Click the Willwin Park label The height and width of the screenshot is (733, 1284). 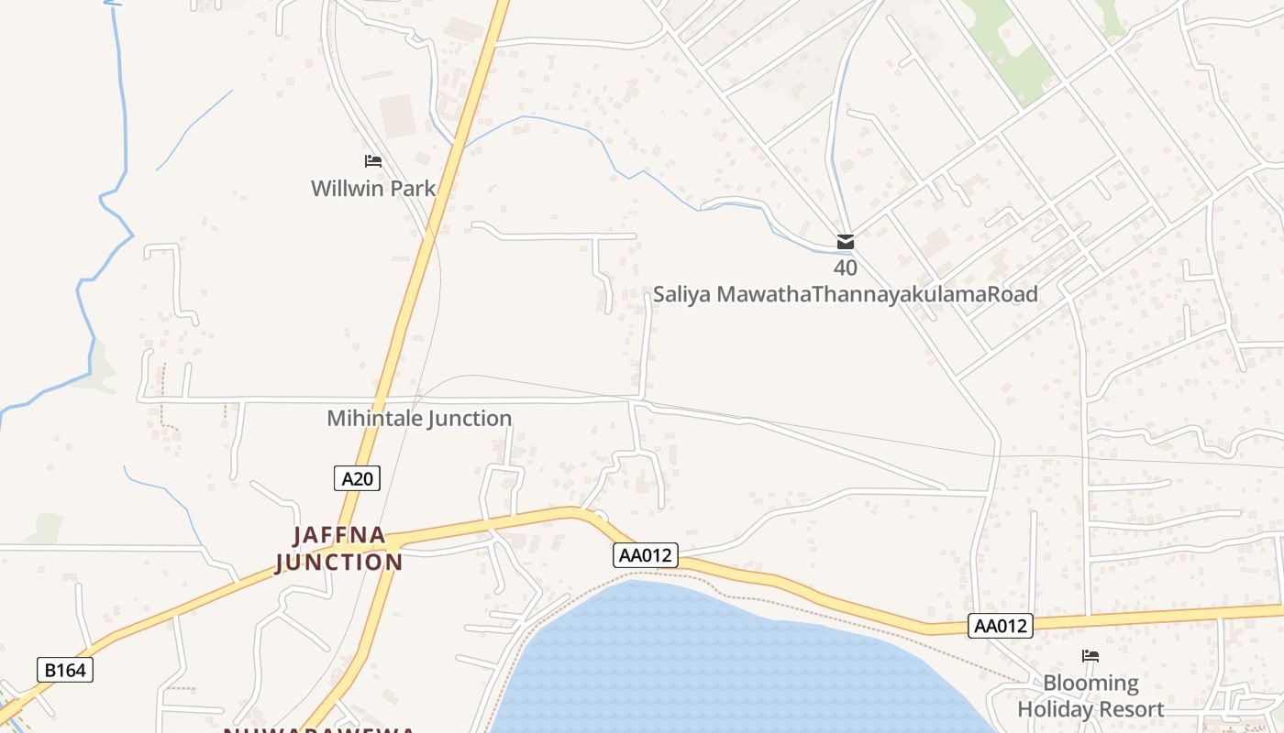372,189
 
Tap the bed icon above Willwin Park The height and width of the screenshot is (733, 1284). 372,161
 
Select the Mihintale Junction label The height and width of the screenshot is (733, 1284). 419,419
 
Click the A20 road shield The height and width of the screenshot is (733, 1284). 356,478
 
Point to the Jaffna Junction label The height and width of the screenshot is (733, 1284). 339,548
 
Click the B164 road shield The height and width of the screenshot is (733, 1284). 65,670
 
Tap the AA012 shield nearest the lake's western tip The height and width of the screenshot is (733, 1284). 646,555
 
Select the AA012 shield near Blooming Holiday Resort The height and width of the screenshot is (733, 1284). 1001,627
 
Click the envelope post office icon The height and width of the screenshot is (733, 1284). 846,243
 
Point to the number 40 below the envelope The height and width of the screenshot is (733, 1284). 846,268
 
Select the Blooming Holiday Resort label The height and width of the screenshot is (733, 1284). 1090,696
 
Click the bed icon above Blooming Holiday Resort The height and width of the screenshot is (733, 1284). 1090,656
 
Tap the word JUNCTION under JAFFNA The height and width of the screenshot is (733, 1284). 339,562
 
